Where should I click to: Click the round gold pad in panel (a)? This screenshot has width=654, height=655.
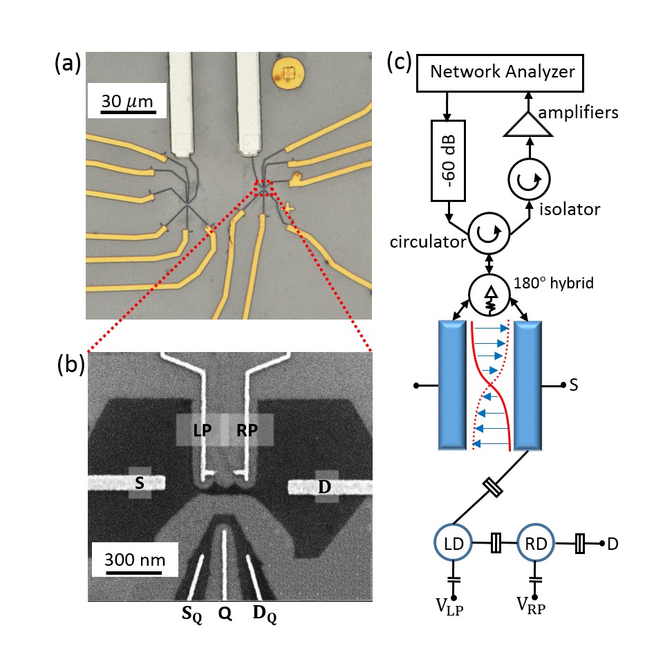click(289, 71)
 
